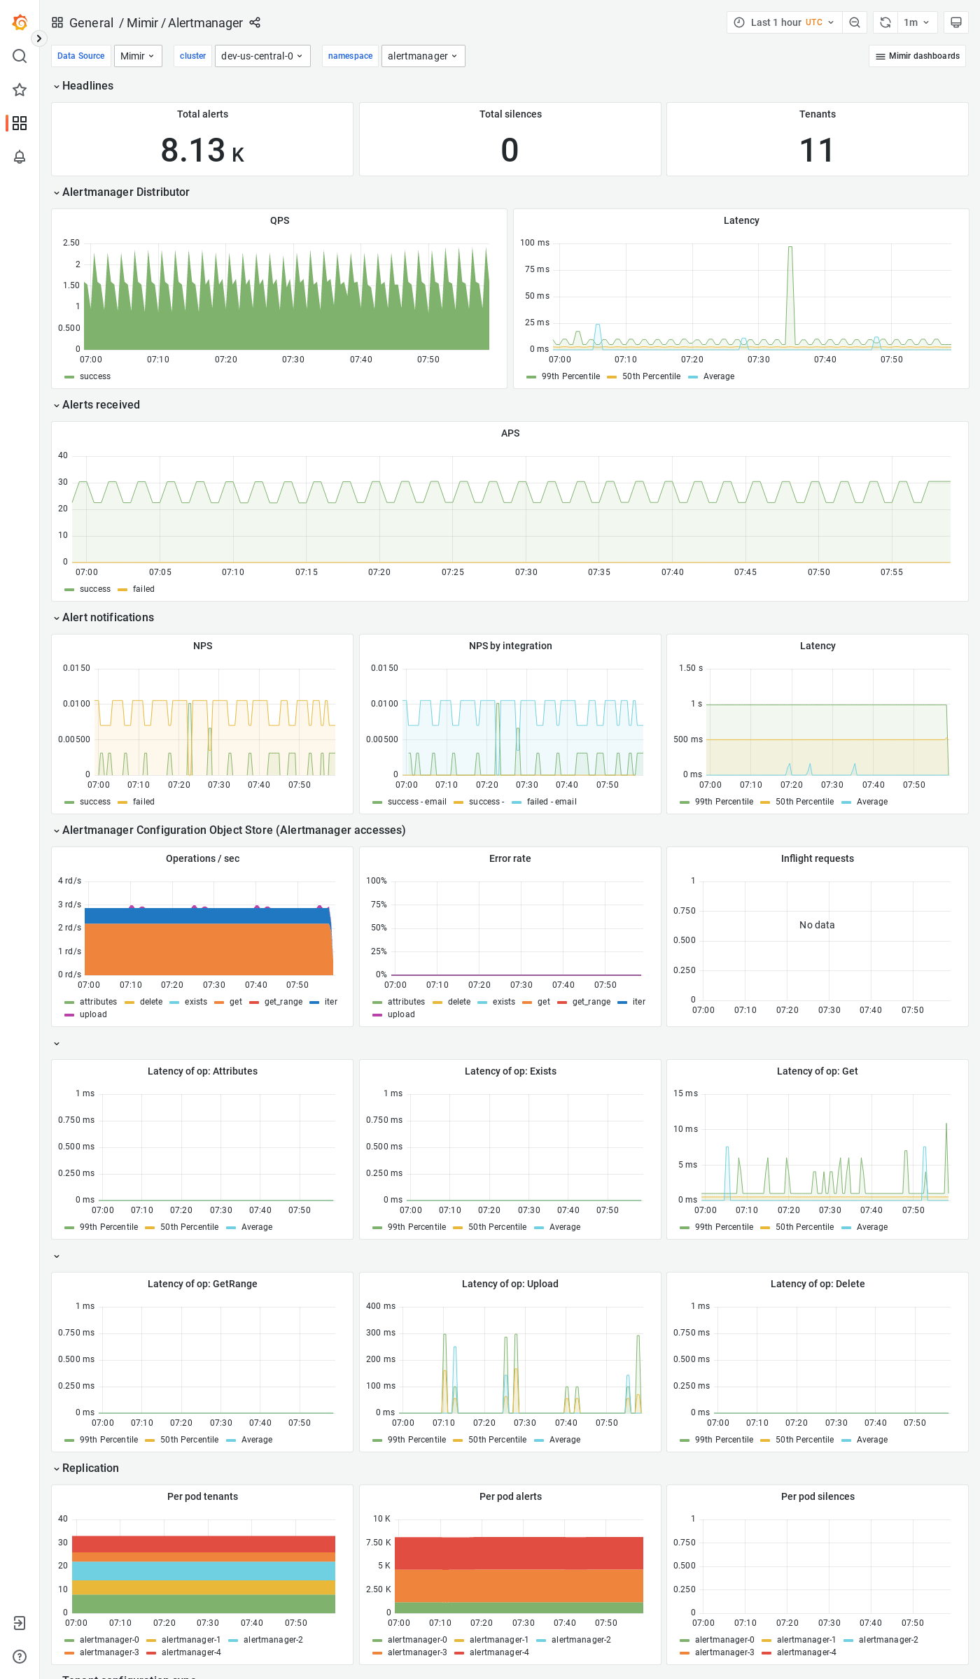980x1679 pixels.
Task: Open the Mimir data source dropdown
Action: (x=137, y=56)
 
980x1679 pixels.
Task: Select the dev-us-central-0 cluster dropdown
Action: (x=262, y=56)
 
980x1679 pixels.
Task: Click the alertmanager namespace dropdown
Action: (x=422, y=56)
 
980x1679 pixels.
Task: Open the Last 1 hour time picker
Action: (x=784, y=22)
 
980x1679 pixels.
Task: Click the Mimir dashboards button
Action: (x=917, y=56)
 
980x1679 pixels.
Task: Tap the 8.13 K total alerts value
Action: (x=202, y=150)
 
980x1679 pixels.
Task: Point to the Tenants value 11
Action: (x=817, y=150)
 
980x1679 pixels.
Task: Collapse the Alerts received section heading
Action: (x=101, y=405)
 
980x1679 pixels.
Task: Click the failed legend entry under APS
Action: (x=143, y=589)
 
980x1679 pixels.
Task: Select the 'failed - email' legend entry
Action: (x=551, y=802)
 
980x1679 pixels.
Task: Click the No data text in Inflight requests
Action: (x=817, y=925)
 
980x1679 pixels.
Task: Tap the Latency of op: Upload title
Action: (x=510, y=1284)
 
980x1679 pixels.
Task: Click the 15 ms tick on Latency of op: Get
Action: (x=685, y=1093)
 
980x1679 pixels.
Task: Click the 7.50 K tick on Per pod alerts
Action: (x=379, y=1543)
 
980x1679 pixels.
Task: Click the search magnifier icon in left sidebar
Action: (x=20, y=56)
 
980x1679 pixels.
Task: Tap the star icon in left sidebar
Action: (x=20, y=90)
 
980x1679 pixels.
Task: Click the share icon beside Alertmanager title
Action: (x=255, y=23)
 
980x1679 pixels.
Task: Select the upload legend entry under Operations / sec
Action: (x=93, y=1014)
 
